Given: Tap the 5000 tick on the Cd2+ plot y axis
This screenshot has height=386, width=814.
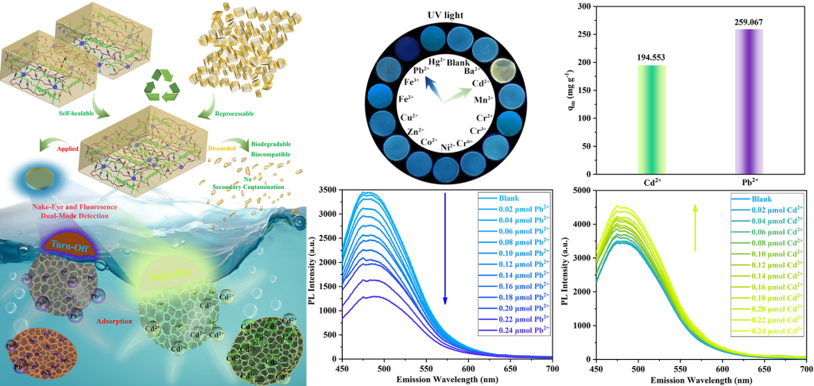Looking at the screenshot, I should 579,191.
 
